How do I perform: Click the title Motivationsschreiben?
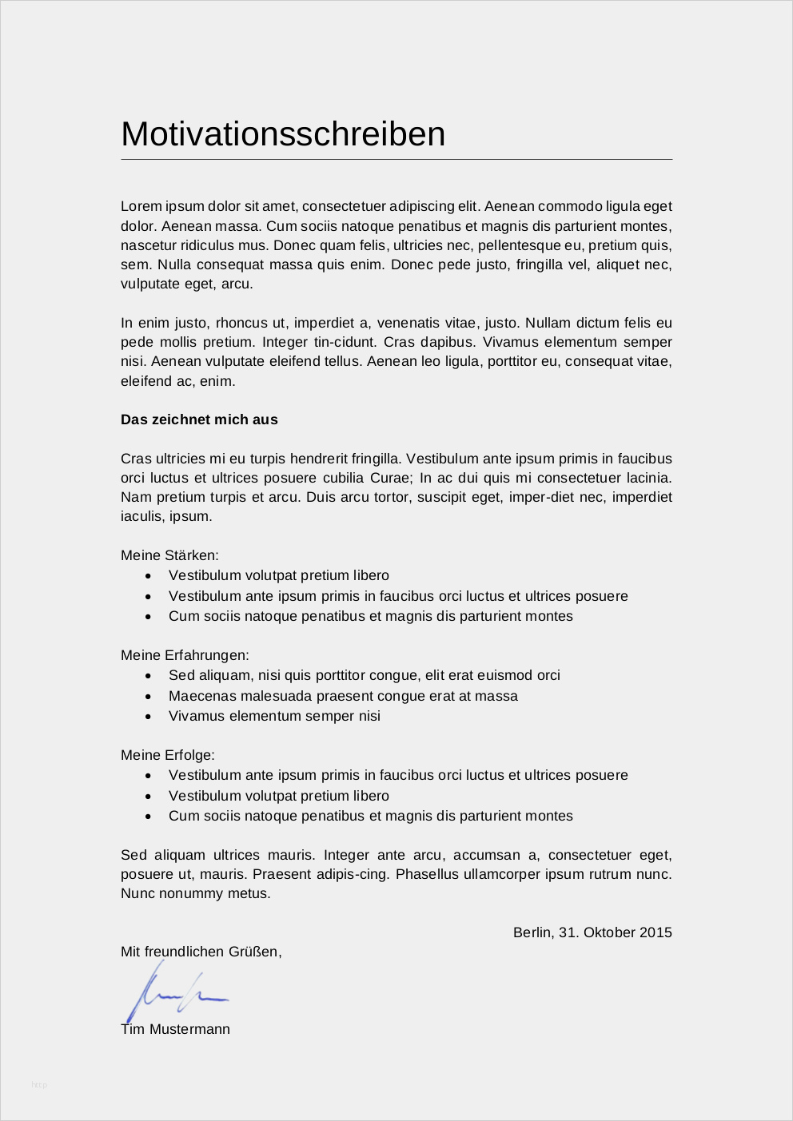point(283,134)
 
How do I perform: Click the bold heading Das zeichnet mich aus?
point(199,419)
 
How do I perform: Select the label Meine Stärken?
point(169,555)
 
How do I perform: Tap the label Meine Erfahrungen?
point(185,655)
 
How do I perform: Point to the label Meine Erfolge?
point(168,755)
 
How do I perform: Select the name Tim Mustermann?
point(175,1029)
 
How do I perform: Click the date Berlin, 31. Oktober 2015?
point(592,932)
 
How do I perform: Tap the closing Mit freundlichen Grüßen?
point(201,952)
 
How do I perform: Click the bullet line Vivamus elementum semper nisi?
point(274,716)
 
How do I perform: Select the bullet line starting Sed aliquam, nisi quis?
point(364,675)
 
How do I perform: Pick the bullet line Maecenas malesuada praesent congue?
point(343,696)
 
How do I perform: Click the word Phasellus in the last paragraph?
point(428,874)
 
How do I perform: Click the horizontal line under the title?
point(396,160)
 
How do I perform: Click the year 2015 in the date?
point(656,932)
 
